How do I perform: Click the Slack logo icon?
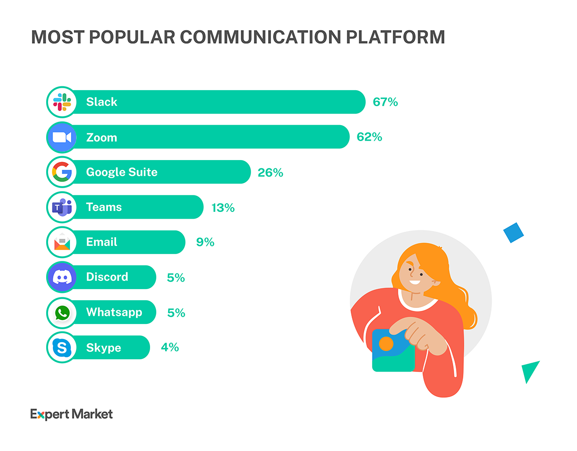click(62, 102)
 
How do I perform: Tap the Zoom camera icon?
click(62, 137)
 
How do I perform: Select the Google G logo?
click(62, 172)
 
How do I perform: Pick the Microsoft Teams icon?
click(62, 208)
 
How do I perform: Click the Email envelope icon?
click(62, 242)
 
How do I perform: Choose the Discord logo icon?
click(62, 277)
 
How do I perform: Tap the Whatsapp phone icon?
click(62, 313)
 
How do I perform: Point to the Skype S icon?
click(62, 348)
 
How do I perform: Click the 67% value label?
click(385, 102)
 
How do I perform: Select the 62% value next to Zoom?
click(369, 137)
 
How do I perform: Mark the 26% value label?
click(271, 172)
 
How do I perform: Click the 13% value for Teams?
click(223, 208)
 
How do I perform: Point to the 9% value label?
click(205, 242)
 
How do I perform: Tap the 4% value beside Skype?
click(170, 348)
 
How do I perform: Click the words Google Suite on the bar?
click(122, 172)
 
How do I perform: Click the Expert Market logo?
click(71, 414)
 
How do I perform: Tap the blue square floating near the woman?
click(513, 233)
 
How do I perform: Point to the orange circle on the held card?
click(386, 344)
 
